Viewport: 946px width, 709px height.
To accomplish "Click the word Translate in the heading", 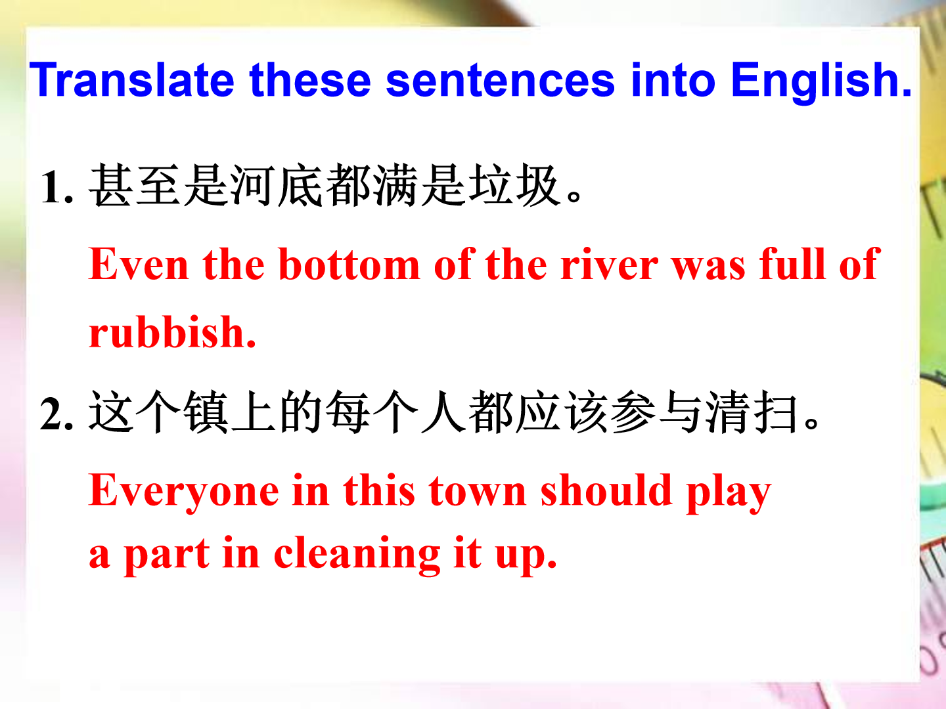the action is click(131, 79).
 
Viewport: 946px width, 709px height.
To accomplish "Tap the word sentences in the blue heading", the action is click(500, 79).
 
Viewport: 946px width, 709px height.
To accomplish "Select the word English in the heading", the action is click(821, 82).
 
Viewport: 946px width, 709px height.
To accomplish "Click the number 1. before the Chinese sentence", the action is click(56, 187).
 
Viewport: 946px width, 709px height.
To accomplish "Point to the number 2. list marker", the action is click(56, 414).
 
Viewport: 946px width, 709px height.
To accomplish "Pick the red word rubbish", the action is click(172, 332).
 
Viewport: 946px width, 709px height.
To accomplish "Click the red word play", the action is click(729, 493).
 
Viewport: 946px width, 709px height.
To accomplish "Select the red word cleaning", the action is click(357, 555).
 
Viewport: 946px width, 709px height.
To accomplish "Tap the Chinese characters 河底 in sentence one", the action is click(277, 185).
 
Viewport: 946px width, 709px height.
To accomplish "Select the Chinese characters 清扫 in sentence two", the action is click(752, 412).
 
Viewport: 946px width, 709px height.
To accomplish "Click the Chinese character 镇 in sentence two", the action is click(206, 412).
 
